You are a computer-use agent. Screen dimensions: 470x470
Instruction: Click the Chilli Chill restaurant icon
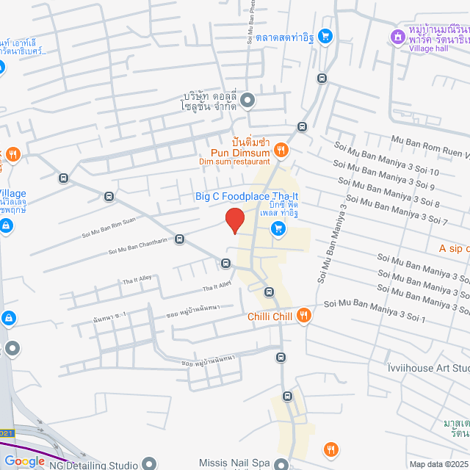[303, 317]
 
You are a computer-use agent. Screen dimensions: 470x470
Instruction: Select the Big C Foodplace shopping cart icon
[278, 229]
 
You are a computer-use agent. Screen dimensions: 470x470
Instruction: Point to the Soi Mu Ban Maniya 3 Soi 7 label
[396, 209]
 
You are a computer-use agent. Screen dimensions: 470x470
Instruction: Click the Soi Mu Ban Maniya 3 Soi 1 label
[375, 310]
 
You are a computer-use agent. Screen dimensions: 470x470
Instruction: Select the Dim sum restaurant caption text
[234, 162]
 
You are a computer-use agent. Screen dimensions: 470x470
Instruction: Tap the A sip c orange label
[454, 248]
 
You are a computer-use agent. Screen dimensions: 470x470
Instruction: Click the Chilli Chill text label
[270, 317]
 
